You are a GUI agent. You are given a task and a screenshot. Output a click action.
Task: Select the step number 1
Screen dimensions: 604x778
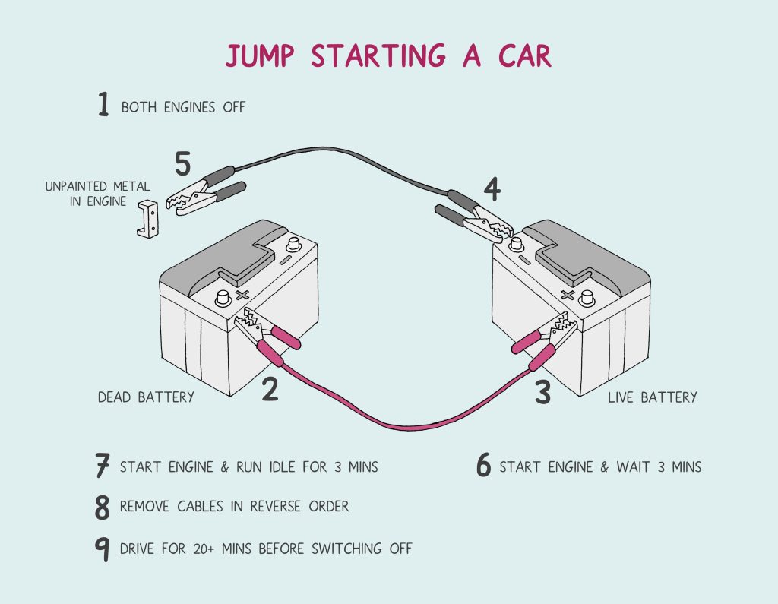(x=104, y=105)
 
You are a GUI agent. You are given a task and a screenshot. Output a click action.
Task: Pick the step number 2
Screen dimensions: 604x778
(x=270, y=388)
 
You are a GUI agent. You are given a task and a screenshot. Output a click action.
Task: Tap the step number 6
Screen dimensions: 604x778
(x=483, y=466)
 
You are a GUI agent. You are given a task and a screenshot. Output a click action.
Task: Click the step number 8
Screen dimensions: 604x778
(x=103, y=508)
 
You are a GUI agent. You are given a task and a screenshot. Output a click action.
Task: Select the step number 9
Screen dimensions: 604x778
(x=103, y=549)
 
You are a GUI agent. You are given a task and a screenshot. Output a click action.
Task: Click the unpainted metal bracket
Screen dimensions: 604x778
(x=148, y=219)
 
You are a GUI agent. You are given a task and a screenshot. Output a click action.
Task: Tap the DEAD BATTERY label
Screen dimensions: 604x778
(x=146, y=397)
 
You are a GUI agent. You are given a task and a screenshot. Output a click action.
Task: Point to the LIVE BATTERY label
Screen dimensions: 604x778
(x=652, y=397)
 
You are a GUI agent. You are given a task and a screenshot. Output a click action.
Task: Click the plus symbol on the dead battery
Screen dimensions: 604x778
(x=243, y=295)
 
